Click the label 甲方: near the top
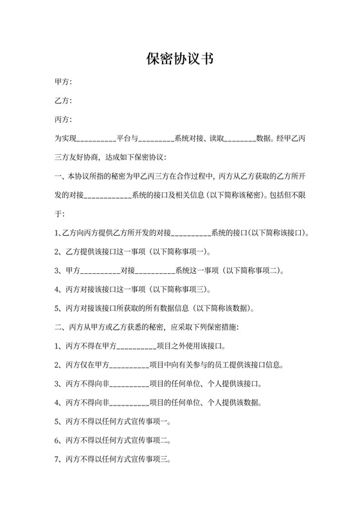point(64,82)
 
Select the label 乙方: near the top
point(64,101)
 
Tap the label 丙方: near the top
point(64,120)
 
